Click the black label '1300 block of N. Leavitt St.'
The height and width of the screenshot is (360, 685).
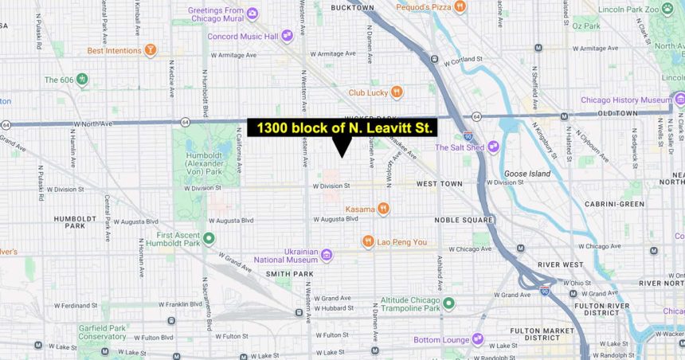[342, 127]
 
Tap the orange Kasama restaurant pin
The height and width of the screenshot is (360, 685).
[384, 209]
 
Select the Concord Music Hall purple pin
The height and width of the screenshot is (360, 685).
[287, 36]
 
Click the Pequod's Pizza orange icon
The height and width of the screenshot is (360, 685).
[461, 7]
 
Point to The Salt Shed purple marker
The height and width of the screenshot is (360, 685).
[493, 147]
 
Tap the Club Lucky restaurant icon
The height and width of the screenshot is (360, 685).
[397, 92]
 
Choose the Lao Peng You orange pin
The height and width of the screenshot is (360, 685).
[368, 241]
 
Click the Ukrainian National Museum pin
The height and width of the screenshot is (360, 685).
[327, 255]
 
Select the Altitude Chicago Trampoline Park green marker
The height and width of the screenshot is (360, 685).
[448, 303]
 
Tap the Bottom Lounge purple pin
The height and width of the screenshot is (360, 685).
[477, 340]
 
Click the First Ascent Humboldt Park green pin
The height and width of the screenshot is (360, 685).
[209, 239]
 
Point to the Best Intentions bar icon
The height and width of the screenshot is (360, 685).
[150, 50]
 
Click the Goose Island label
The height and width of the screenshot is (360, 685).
[526, 173]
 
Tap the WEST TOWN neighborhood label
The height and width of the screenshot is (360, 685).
[439, 184]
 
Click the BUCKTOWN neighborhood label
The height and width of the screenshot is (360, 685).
[351, 7]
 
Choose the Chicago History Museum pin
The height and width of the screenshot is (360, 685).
[679, 100]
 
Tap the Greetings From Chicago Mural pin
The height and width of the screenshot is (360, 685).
[252, 14]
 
